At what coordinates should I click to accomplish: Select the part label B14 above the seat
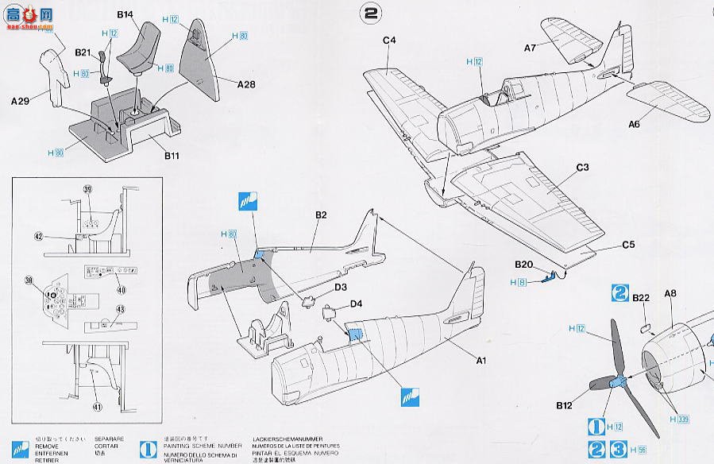(125, 14)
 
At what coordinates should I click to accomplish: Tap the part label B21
(83, 52)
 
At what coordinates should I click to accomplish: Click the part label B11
(172, 157)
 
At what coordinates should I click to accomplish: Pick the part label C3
(581, 168)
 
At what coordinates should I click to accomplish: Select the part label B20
(523, 265)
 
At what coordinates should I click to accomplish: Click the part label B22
(642, 297)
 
